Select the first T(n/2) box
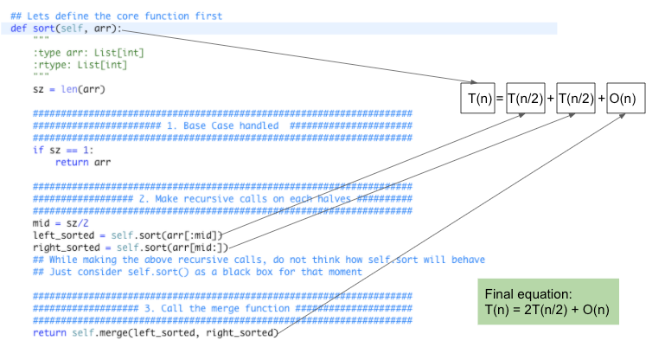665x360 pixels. pos(525,100)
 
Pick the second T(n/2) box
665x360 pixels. pos(576,100)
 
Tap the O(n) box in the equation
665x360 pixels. pos(623,100)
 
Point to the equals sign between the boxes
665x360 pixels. pos(500,100)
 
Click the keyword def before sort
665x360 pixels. pos(20,29)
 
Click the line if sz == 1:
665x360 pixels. pos(60,150)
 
